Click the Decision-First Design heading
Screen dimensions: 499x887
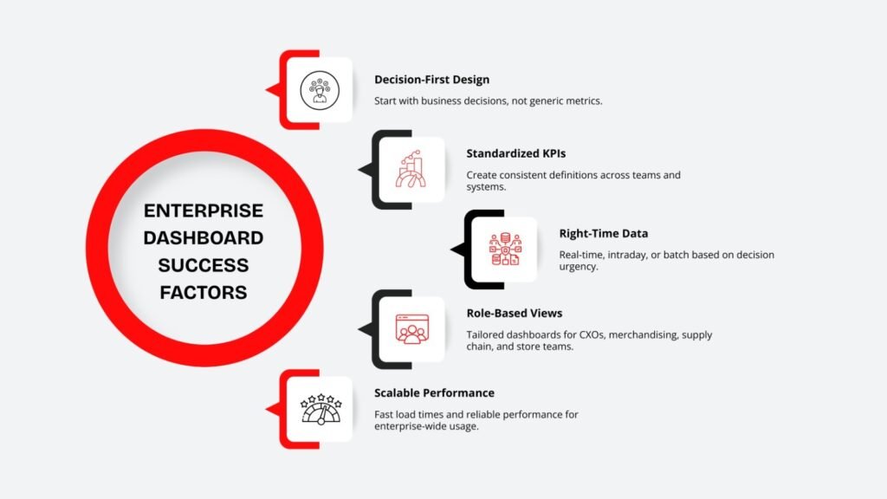pyautogui.click(x=431, y=80)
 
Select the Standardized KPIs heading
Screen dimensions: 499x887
pyautogui.click(x=516, y=154)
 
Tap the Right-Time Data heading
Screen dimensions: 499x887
pyautogui.click(x=604, y=233)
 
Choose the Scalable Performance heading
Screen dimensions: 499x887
pyautogui.click(x=434, y=392)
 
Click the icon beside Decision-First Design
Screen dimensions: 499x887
pyautogui.click(x=320, y=90)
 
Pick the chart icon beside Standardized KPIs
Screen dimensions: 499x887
pyautogui.click(x=412, y=169)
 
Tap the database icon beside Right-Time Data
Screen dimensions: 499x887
pyautogui.click(x=505, y=249)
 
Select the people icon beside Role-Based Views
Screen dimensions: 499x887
pyautogui.click(x=412, y=328)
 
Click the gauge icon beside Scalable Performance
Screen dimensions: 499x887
pyautogui.click(x=320, y=408)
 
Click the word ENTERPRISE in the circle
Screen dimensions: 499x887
pyautogui.click(x=204, y=211)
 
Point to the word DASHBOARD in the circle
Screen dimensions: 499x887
pyautogui.click(x=204, y=237)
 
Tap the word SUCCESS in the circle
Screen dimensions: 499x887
pyautogui.click(x=204, y=265)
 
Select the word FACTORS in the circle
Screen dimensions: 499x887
pyautogui.click(x=204, y=292)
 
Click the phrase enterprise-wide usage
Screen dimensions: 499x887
pyautogui.click(x=424, y=426)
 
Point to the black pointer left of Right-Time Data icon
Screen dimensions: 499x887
pyautogui.click(x=457, y=250)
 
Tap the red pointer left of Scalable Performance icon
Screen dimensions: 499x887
pyautogui.click(x=272, y=409)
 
